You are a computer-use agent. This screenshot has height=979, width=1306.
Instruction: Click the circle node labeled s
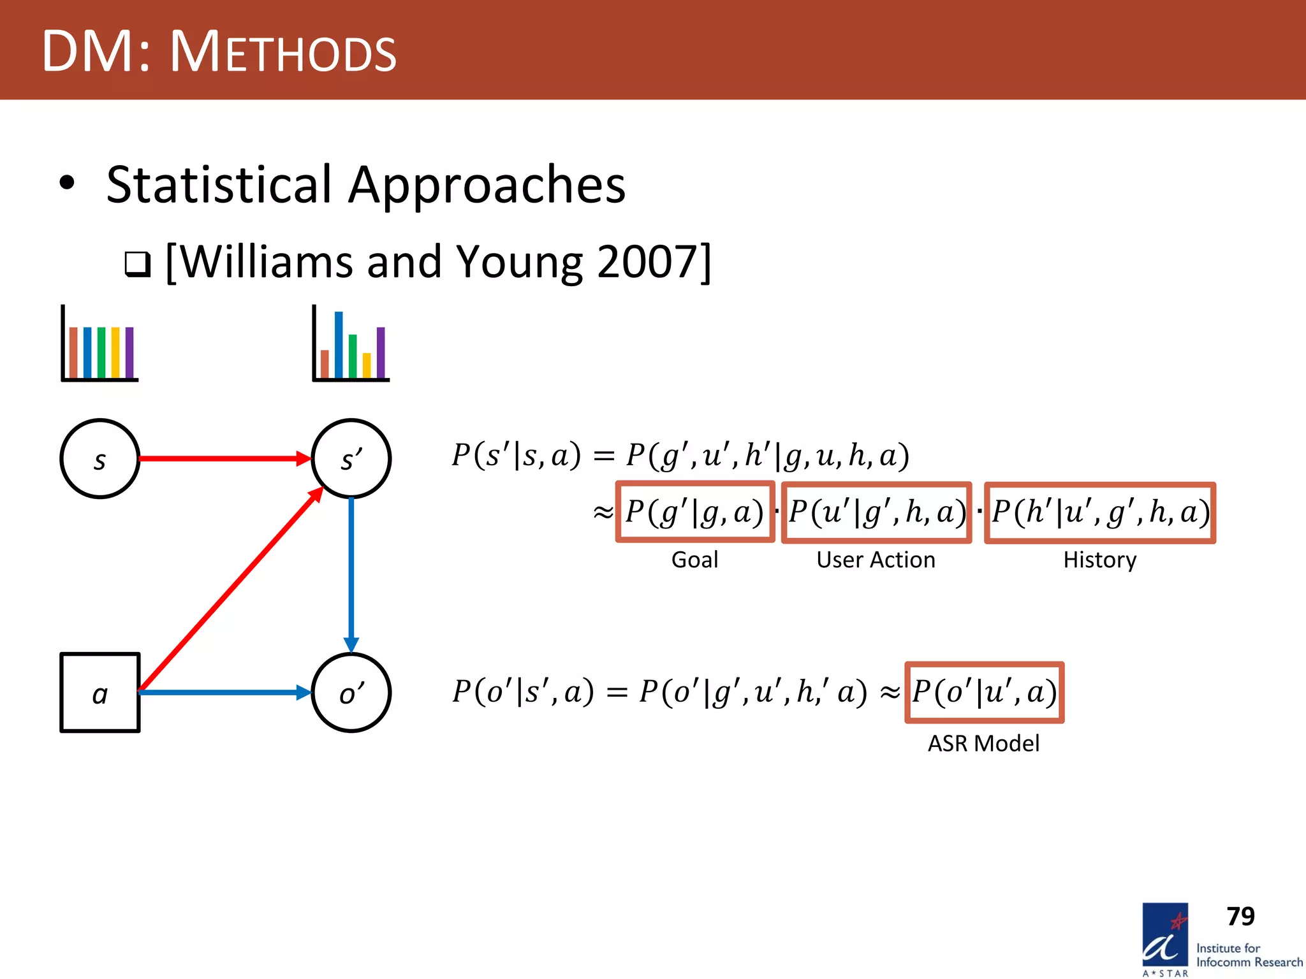click(99, 458)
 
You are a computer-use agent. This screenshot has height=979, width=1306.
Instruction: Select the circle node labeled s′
click(351, 458)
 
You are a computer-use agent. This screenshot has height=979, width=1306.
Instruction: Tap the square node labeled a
click(99, 693)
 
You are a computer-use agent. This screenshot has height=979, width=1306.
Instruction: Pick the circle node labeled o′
click(351, 693)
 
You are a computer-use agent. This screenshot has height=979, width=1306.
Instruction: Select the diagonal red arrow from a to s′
click(230, 590)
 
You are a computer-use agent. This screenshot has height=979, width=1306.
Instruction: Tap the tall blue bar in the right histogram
click(339, 345)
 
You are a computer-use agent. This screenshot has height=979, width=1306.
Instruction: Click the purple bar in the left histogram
click(129, 352)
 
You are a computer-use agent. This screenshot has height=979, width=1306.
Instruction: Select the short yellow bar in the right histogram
click(367, 365)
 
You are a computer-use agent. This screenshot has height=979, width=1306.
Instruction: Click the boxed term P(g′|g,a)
click(694, 512)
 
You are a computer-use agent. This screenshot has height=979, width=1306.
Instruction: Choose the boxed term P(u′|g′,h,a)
click(876, 512)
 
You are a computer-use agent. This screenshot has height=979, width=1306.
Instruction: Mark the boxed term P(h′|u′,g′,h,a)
click(1100, 512)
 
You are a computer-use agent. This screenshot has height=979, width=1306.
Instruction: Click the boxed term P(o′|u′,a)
click(984, 692)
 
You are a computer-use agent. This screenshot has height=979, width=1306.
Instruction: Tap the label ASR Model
click(983, 743)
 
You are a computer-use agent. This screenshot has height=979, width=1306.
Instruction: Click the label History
click(1099, 560)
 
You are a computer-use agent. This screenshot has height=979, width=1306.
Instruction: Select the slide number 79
click(1240, 917)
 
